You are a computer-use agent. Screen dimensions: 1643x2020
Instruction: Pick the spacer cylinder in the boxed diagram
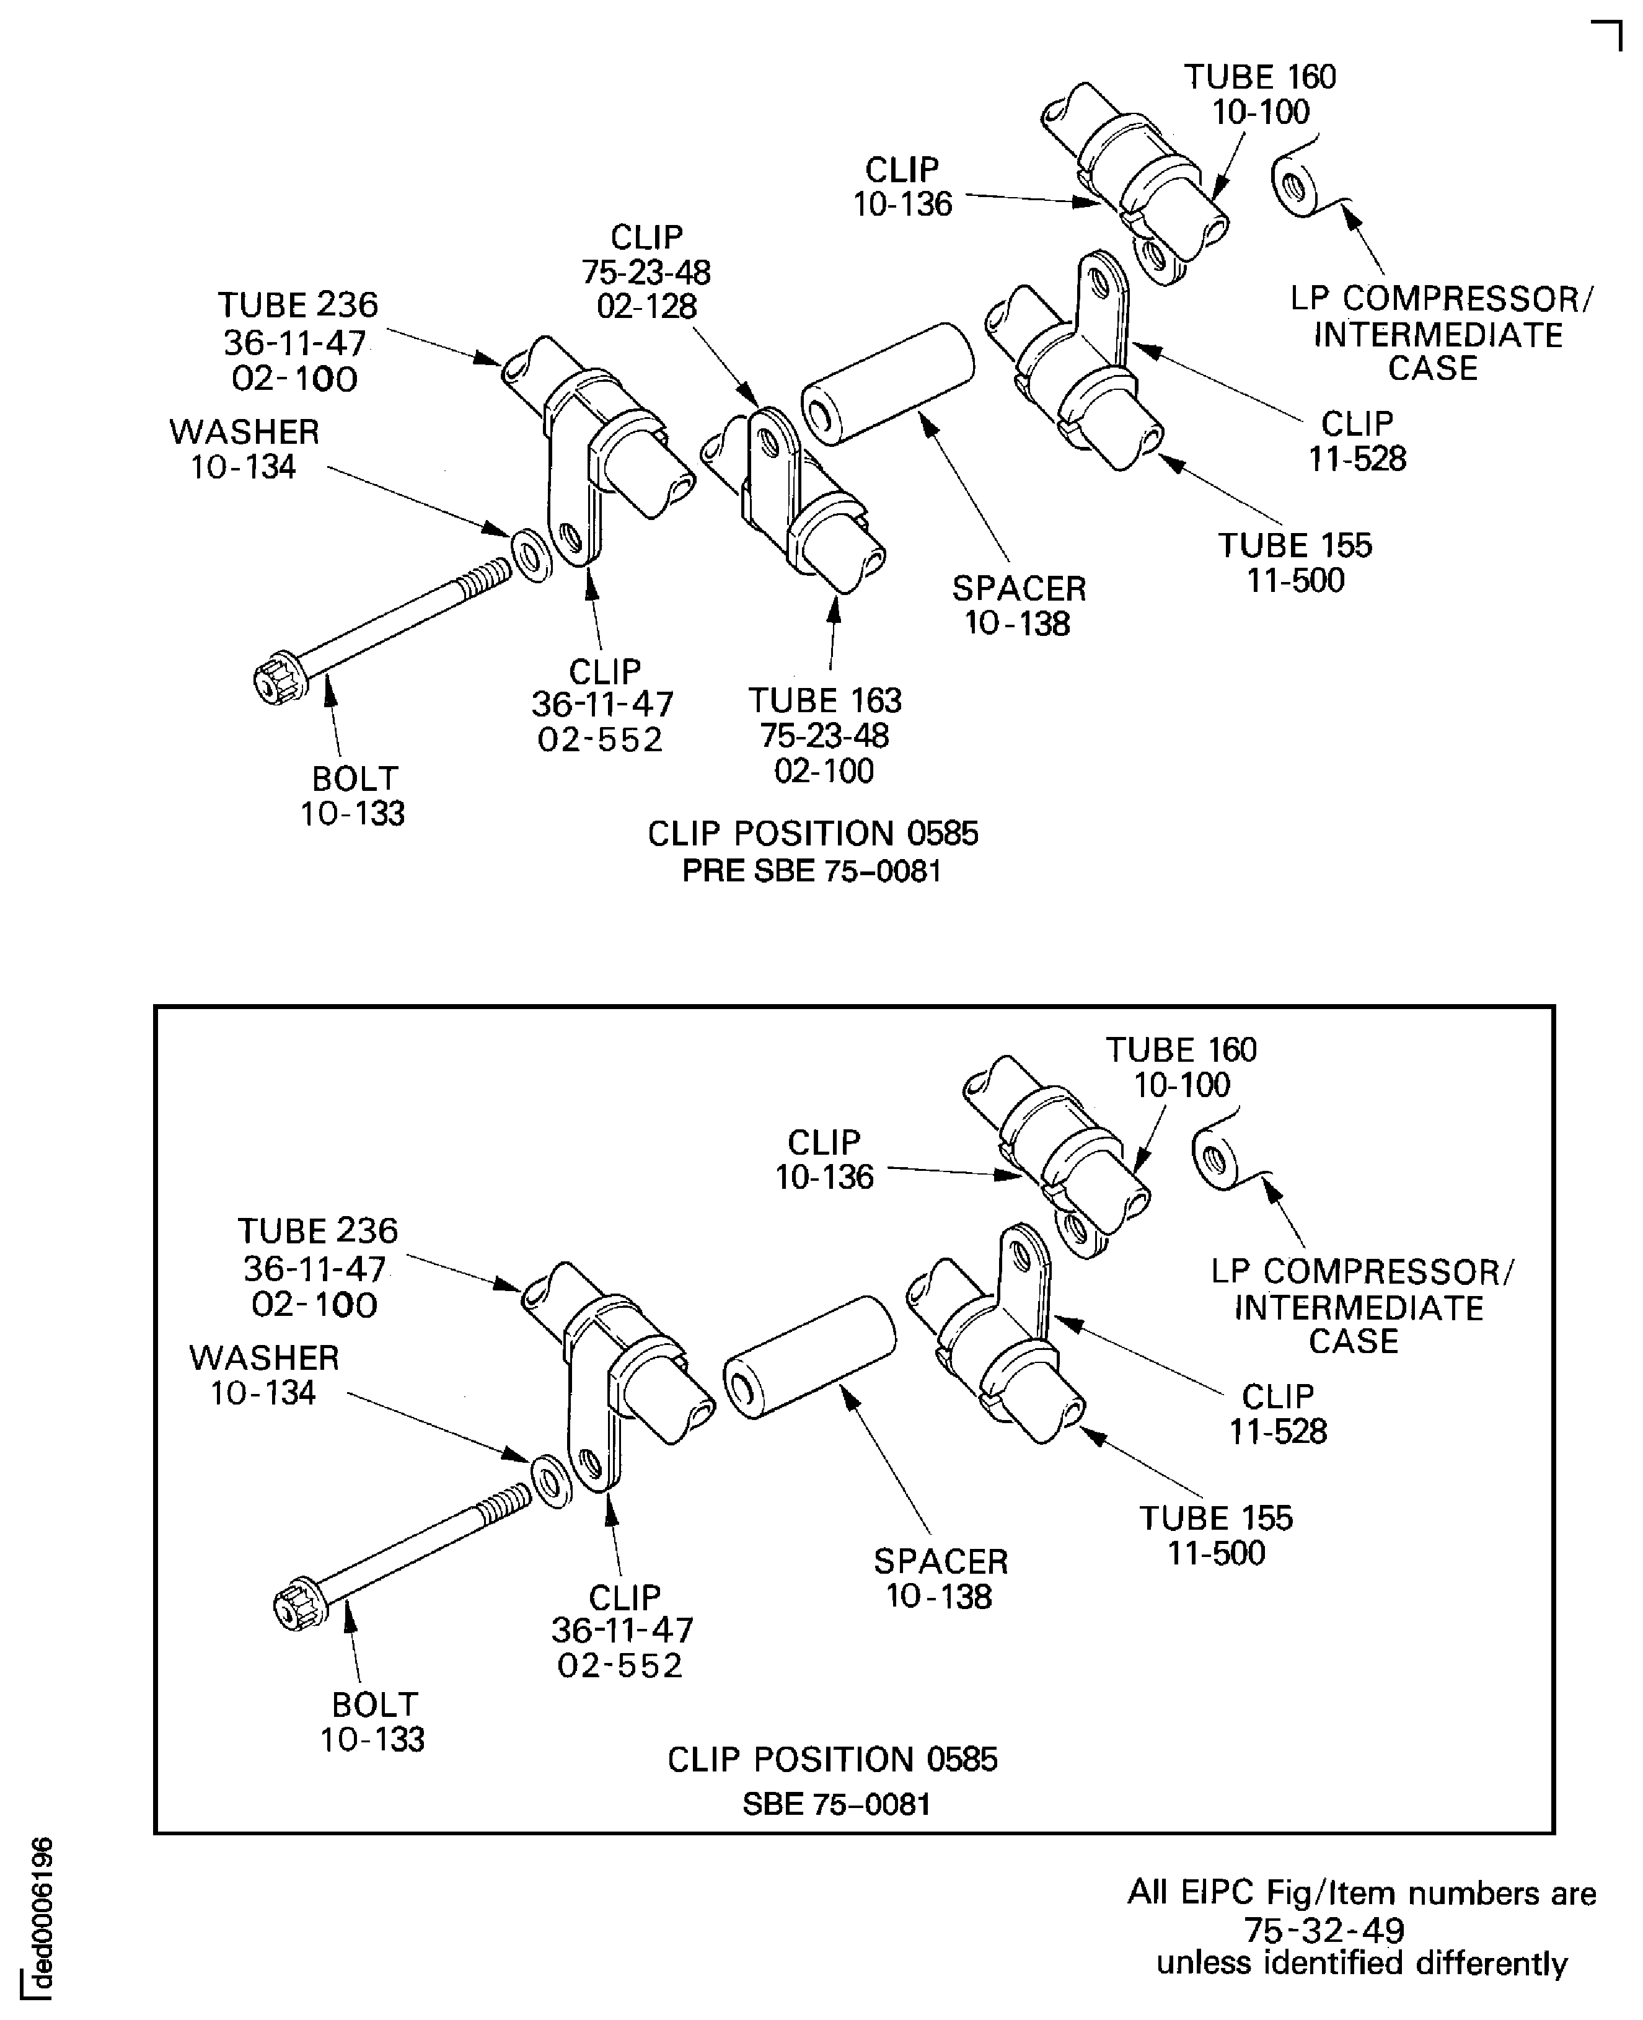click(810, 1356)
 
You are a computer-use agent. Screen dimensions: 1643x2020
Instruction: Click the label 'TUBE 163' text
click(824, 700)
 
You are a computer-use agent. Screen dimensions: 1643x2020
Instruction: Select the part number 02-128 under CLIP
click(646, 306)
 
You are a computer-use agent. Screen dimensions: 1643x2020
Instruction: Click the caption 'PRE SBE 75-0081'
click(812, 870)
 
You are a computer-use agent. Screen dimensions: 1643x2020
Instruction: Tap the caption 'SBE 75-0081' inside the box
click(837, 1804)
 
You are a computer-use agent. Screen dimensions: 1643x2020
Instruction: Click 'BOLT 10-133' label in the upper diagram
click(353, 795)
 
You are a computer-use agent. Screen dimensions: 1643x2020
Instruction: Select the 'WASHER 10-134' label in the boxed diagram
click(264, 1374)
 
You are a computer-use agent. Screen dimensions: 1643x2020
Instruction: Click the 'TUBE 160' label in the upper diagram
click(1260, 77)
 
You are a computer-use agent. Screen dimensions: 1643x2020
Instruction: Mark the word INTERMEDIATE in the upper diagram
click(1438, 334)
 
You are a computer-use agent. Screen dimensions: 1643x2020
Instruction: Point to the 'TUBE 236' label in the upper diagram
click(297, 305)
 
